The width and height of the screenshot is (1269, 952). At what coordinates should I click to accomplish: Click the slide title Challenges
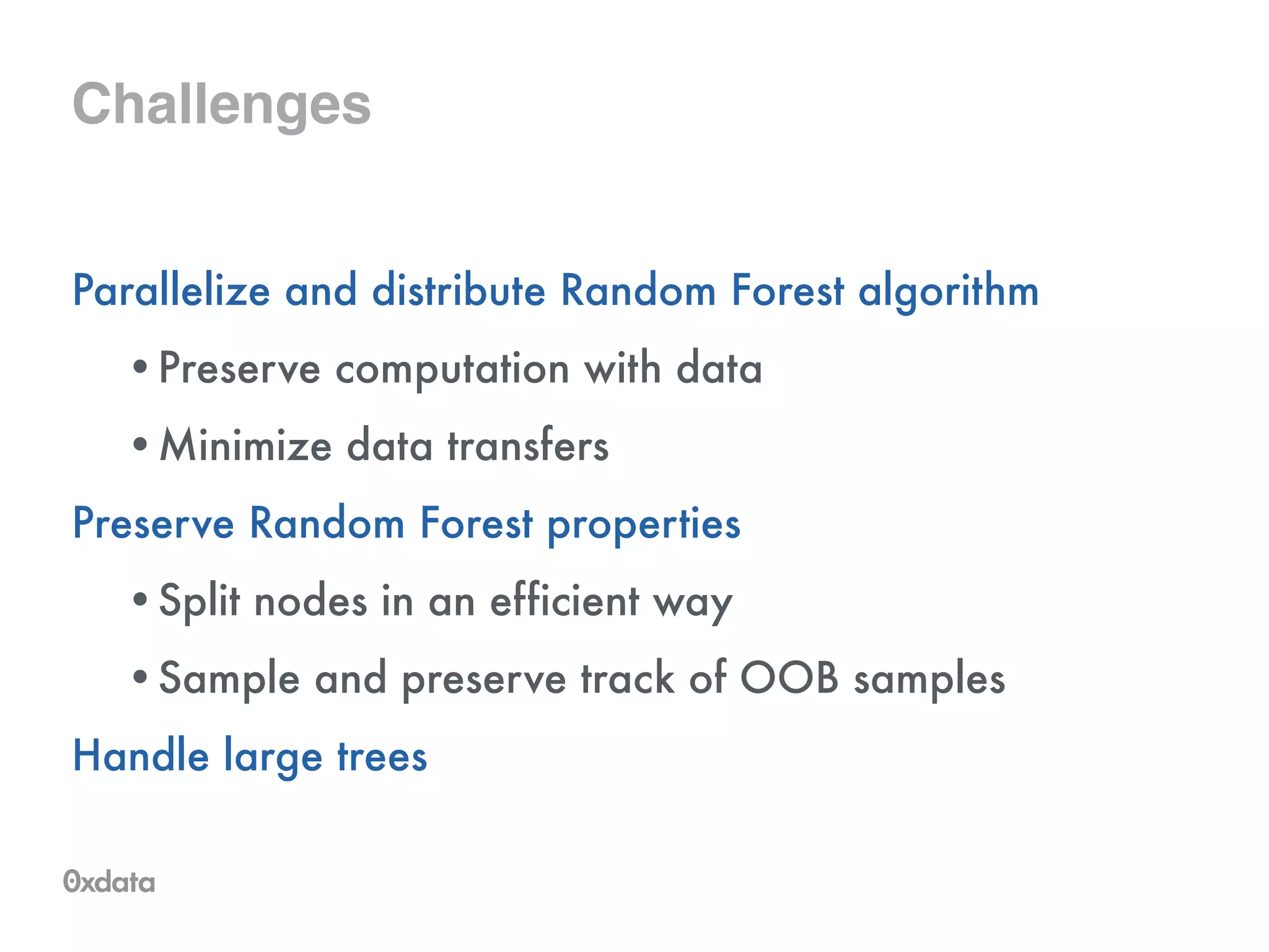click(x=221, y=104)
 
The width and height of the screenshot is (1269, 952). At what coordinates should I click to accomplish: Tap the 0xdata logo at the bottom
click(x=109, y=881)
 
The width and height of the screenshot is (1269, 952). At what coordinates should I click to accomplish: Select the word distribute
click(x=459, y=291)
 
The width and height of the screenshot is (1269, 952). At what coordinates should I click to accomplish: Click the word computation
click(x=452, y=369)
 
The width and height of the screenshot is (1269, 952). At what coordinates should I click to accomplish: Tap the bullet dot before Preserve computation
click(x=141, y=367)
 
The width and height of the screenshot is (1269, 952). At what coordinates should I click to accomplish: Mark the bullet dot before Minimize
click(x=141, y=444)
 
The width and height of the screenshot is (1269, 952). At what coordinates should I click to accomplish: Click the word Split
click(x=199, y=601)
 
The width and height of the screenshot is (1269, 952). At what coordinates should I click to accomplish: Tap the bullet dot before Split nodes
click(x=141, y=599)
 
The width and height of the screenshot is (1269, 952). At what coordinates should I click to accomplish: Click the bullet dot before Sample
click(x=141, y=677)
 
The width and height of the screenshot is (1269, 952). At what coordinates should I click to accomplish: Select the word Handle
click(x=141, y=756)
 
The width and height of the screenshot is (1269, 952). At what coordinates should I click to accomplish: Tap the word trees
click(x=382, y=757)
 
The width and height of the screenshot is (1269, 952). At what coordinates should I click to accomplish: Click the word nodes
click(x=310, y=601)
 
